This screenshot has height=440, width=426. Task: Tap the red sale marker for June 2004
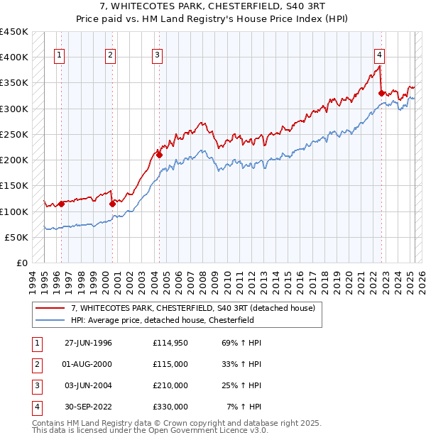click(160, 155)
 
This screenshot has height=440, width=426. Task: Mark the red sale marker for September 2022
click(382, 92)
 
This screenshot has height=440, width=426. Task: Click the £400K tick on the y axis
click(14, 57)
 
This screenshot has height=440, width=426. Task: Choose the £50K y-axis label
click(17, 237)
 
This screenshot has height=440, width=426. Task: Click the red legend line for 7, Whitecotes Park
click(50, 308)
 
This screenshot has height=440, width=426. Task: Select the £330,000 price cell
click(170, 407)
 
